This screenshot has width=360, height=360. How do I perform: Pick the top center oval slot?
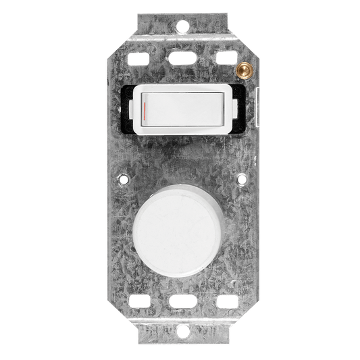coord(180,50)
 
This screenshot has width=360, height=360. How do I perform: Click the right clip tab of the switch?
coord(233,106)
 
